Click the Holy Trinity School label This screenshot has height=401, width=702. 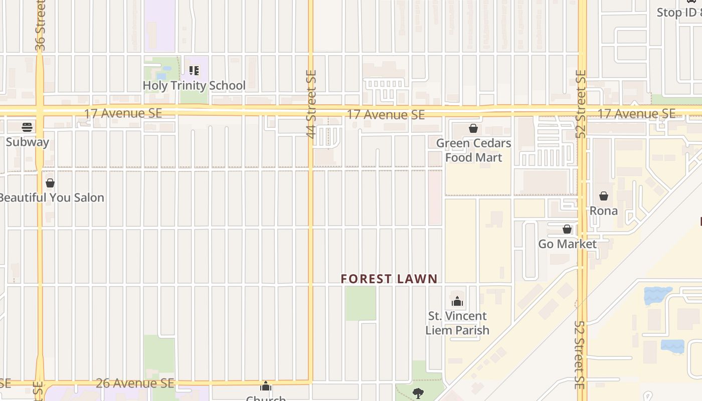[194, 86]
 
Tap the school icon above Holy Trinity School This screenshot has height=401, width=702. [194, 71]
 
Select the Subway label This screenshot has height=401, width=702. [28, 142]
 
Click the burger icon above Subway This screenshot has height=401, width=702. [27, 127]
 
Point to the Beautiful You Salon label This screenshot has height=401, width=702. [52, 197]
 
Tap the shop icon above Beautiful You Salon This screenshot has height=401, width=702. [50, 183]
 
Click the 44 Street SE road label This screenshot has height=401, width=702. [311, 104]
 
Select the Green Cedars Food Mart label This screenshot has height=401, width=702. [473, 150]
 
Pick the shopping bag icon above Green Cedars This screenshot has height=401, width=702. [473, 128]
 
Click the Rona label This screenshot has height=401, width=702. [603, 211]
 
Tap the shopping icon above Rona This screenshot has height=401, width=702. [604, 195]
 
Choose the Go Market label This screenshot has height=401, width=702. [567, 244]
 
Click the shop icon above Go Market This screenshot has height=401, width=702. [567, 229]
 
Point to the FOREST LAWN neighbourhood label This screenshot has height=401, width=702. [389, 279]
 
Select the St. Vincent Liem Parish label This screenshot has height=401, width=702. [457, 323]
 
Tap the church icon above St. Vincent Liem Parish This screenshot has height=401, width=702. [457, 301]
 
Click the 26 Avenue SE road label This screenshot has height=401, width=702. [135, 383]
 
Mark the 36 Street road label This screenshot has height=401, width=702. [41, 25]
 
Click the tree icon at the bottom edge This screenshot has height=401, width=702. [418, 393]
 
